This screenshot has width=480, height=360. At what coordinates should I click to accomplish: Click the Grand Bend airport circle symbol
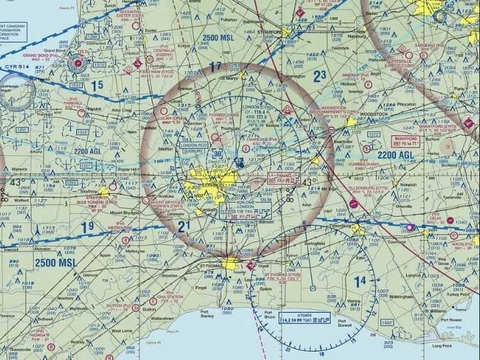pos(77,63)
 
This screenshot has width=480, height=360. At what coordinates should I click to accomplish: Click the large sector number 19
pos(88,225)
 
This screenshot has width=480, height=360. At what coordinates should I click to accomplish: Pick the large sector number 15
pos(97,85)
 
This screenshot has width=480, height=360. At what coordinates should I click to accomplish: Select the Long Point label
pos(442,346)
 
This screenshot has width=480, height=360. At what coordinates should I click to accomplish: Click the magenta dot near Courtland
pos(410,227)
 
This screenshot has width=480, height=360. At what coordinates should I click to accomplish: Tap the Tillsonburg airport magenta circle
pos(354,203)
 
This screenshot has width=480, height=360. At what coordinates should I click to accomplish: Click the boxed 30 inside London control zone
pos(218,154)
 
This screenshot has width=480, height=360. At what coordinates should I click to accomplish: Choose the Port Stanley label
pos(207,315)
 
